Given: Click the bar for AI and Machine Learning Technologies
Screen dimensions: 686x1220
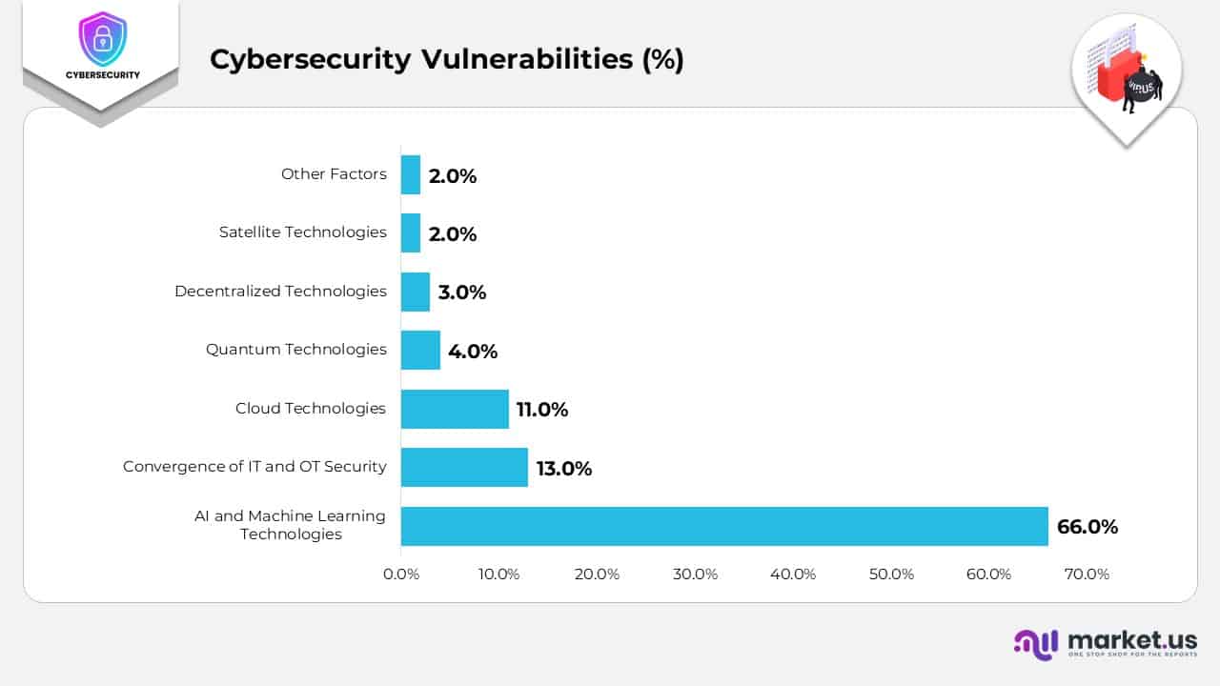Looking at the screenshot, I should pyautogui.click(x=724, y=526).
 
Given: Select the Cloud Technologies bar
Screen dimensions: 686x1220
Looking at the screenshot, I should pyautogui.click(x=455, y=409).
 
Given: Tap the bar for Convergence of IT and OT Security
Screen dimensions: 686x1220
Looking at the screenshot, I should pyautogui.click(x=464, y=467).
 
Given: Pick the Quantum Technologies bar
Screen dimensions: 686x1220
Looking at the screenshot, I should pyautogui.click(x=420, y=350).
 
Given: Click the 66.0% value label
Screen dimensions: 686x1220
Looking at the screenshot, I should pyautogui.click(x=1087, y=527).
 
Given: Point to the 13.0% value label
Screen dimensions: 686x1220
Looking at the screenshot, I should pyautogui.click(x=563, y=468).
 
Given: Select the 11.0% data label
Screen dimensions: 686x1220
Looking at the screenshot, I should pyautogui.click(x=541, y=410).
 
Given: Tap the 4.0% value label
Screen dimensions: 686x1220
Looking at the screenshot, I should pyautogui.click(x=473, y=351).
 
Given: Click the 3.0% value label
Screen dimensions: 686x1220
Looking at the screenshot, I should pyautogui.click(x=461, y=293).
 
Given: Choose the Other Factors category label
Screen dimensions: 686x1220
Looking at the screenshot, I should pyautogui.click(x=334, y=174).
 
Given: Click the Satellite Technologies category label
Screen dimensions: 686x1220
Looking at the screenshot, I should pyautogui.click(x=302, y=232).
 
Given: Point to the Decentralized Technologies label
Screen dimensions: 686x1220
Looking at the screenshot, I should pyautogui.click(x=280, y=292).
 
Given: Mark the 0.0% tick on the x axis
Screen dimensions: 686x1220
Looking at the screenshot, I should pyautogui.click(x=401, y=575).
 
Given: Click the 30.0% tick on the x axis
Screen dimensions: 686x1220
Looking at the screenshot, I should pyautogui.click(x=695, y=575).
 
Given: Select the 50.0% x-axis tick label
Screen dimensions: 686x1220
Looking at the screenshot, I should pyautogui.click(x=891, y=575).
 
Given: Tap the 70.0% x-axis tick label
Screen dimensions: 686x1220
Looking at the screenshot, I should pyautogui.click(x=1087, y=575).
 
